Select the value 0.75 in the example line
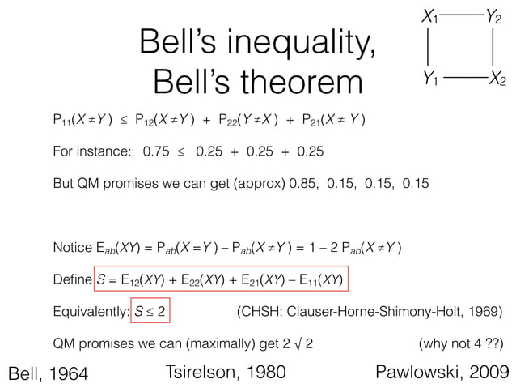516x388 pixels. pos(156,151)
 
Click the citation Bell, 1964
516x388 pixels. pos(45,373)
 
